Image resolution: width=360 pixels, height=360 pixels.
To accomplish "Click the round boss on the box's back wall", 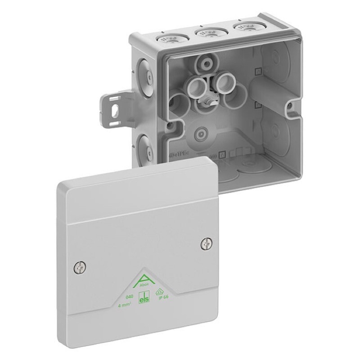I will coord(201,134).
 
